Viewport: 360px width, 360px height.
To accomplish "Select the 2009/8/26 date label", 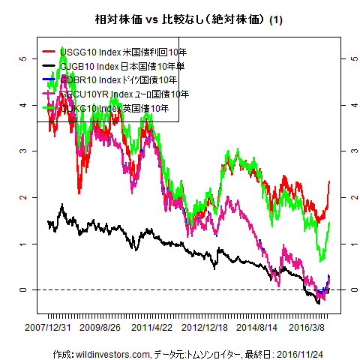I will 100,328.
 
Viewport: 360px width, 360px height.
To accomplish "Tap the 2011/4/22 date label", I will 152,328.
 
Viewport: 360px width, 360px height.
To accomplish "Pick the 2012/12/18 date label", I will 205,328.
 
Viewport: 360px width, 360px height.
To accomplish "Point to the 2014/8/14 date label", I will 256,328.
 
